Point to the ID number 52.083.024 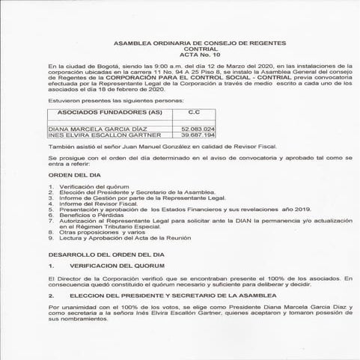[198, 129]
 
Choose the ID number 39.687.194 [198, 135]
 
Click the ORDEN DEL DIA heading [73, 174]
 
